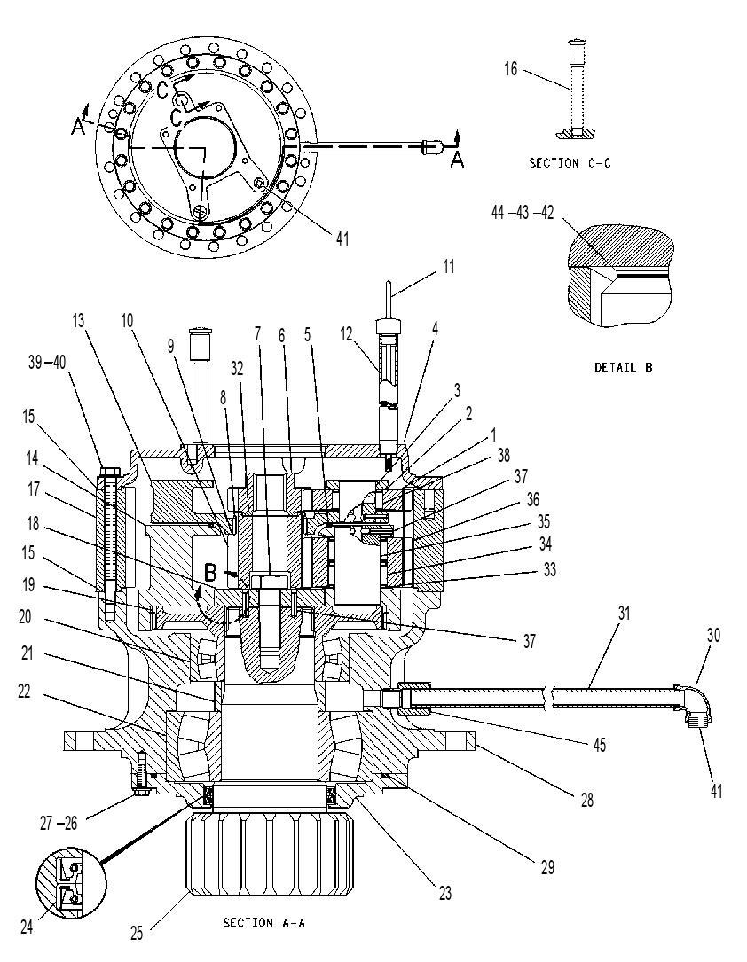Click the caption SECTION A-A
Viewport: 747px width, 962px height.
coord(264,922)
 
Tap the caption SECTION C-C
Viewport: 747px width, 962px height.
coord(570,163)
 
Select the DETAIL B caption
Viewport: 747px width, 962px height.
coord(624,367)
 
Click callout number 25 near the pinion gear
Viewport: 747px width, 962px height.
coord(137,932)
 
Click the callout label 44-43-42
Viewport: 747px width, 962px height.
coord(523,212)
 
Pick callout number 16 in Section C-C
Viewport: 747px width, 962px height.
coord(511,69)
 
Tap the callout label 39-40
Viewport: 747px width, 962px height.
coord(47,363)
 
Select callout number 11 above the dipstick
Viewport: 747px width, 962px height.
coord(449,267)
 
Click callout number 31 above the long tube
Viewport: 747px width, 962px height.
coord(625,613)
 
